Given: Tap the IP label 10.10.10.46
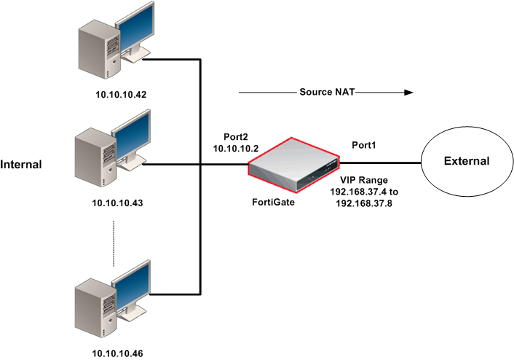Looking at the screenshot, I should tap(118, 353).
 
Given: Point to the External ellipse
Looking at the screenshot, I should tap(467, 161).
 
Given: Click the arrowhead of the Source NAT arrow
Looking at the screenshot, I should tap(409, 93).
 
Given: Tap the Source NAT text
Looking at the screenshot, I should tap(325, 93).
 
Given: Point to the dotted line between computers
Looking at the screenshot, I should tap(114, 243).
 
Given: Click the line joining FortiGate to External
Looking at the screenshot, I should tap(381, 162).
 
